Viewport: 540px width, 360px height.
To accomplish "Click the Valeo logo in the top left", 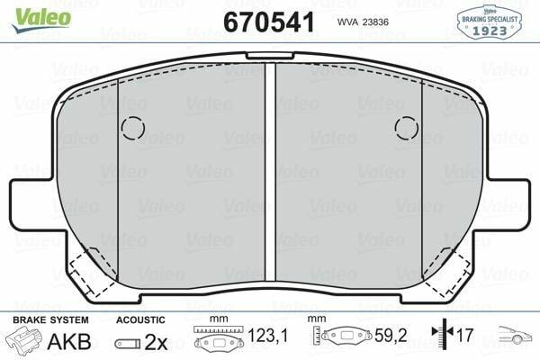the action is click(x=41, y=20).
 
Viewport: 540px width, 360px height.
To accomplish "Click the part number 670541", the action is click(x=269, y=22).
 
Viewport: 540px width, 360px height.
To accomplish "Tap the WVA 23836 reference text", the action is click(x=363, y=22).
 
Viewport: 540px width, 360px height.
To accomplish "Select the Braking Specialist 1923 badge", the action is click(x=490, y=22).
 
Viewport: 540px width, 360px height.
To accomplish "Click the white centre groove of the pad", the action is click(x=270, y=172).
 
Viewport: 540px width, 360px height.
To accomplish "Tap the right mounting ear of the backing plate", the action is click(x=506, y=203).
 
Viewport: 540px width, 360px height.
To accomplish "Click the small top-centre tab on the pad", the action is click(x=270, y=56).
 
